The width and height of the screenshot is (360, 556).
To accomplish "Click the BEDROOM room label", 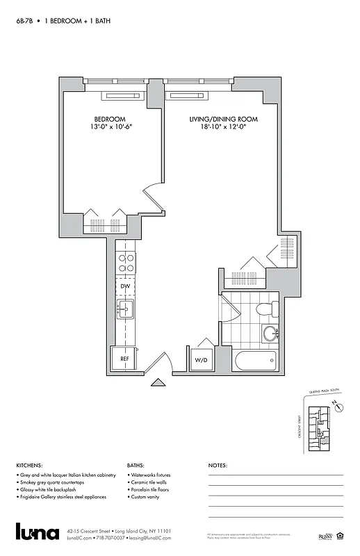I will (x=110, y=120).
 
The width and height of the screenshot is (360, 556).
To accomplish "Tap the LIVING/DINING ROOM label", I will (x=223, y=120).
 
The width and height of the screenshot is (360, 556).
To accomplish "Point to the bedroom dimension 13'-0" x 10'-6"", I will (x=110, y=128).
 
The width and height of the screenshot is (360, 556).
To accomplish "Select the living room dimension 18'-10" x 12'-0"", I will (x=223, y=128).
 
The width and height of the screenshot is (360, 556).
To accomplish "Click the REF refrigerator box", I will (x=124, y=359).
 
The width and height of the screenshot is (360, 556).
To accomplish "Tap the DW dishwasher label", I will (x=125, y=286).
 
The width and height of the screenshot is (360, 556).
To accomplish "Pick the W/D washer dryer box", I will (x=201, y=360).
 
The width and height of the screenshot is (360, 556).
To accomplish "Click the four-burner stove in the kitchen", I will (x=126, y=263).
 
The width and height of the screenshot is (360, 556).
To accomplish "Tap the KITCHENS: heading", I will (x=29, y=466).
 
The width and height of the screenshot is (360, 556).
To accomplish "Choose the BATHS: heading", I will (x=136, y=466).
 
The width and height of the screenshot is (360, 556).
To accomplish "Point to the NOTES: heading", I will (x=218, y=466).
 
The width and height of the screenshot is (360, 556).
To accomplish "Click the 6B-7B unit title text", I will (x=25, y=22).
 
